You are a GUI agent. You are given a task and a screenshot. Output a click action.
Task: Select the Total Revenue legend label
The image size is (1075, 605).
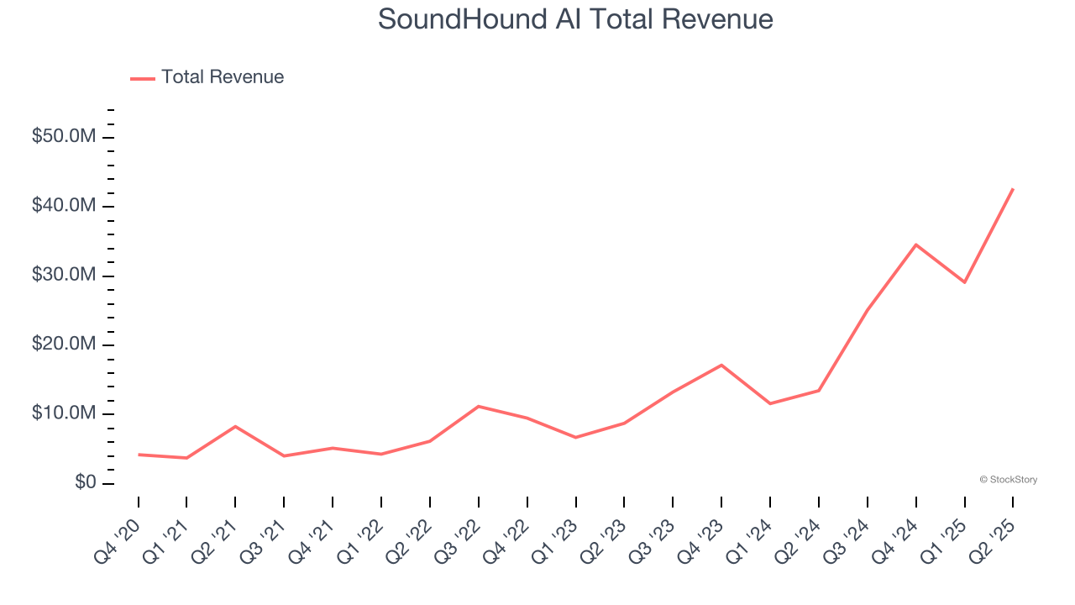point(223,77)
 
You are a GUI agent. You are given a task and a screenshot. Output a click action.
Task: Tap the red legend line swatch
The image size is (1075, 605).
point(143,78)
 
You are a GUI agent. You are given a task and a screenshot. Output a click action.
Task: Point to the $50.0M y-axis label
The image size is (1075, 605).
point(64,136)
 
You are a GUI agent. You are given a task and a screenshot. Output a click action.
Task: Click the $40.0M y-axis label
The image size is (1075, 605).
point(64,206)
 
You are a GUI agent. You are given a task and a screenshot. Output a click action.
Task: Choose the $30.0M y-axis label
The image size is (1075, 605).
point(64,276)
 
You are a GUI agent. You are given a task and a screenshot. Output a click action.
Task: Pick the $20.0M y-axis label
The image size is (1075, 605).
point(64,345)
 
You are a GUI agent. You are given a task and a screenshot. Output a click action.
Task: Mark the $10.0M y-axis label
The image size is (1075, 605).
point(64,414)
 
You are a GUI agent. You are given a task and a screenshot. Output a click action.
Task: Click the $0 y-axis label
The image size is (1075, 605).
point(85,483)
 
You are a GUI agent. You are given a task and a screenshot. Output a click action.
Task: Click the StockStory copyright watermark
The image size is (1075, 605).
point(1008,480)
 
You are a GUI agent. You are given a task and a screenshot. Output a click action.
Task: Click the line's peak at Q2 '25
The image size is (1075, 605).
point(1013,189)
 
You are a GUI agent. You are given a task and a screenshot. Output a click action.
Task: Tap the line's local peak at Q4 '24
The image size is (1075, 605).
point(915,245)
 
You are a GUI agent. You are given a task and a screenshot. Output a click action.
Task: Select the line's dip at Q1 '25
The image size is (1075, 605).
point(964,282)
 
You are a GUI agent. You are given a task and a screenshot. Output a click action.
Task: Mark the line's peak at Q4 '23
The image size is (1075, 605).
point(721,365)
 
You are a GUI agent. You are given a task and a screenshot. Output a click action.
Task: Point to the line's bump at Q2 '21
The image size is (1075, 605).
point(235,426)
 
